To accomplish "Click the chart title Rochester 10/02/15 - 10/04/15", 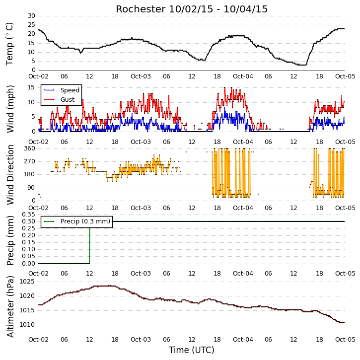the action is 192,9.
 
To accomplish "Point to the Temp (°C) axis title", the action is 9,44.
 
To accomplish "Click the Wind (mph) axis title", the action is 10,109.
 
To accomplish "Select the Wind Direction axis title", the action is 10,174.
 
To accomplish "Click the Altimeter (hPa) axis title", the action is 10,307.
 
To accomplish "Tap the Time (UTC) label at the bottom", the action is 192,350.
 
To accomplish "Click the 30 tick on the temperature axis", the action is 31,16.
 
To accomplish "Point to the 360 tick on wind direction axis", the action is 30,148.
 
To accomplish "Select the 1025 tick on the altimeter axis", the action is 27,282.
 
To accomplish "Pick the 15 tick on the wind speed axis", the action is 31,87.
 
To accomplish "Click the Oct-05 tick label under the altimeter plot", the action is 345,339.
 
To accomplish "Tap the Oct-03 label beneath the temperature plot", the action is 141,76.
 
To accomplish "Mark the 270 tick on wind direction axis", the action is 30,161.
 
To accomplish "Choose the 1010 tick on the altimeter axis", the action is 27,325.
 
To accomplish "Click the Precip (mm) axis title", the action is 10,240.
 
